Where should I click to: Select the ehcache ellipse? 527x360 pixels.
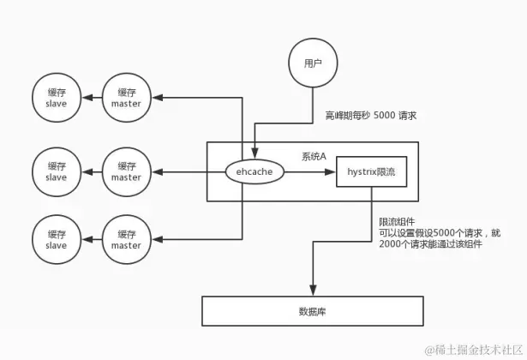click(254, 171)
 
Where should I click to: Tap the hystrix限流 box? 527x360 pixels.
click(371, 171)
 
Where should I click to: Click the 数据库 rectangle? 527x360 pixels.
click(312, 309)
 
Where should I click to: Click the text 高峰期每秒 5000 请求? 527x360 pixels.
click(370, 115)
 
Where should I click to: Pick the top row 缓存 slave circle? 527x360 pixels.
click(57, 99)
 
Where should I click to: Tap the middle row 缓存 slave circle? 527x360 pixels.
click(57, 171)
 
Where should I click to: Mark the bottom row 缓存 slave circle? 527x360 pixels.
click(57, 240)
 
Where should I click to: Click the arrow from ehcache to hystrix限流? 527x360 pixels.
click(309, 171)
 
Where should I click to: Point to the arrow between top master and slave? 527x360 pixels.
click(91, 99)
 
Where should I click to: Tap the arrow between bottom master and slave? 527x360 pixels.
click(91, 240)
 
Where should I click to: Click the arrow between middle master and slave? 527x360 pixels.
click(91, 171)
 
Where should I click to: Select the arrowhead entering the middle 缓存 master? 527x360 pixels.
click(157, 171)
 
